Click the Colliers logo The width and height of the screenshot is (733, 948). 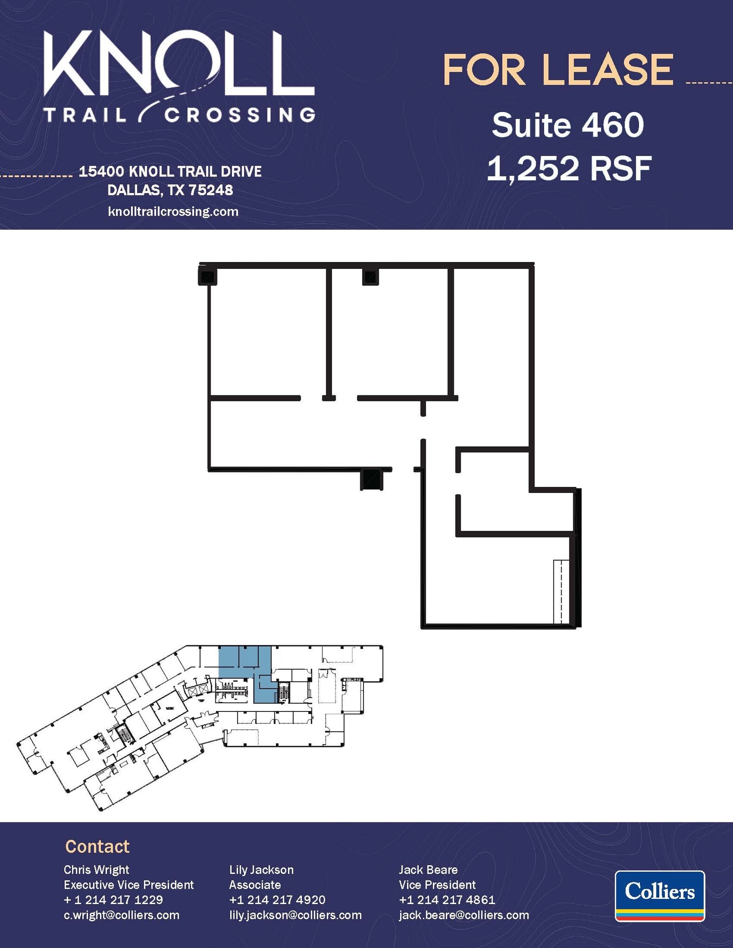(x=659, y=896)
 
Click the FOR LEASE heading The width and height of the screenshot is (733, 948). (x=558, y=70)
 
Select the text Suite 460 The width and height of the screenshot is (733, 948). (x=568, y=125)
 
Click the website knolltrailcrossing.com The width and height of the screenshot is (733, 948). (x=173, y=212)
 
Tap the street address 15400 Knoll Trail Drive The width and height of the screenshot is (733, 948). (x=170, y=172)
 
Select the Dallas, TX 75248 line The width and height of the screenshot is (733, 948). (x=170, y=190)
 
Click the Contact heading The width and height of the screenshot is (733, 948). (x=97, y=846)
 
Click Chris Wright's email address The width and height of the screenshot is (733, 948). (x=121, y=915)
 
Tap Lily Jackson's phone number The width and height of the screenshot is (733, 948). (x=277, y=900)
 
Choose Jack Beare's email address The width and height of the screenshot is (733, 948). (x=464, y=915)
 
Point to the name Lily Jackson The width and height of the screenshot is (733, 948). (x=261, y=870)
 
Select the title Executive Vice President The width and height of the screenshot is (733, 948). (x=129, y=885)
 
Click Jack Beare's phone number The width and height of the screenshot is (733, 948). (x=447, y=900)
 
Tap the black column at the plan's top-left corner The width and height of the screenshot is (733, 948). (x=207, y=276)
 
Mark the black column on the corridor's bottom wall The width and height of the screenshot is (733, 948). (x=371, y=480)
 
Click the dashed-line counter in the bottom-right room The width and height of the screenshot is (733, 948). (x=561, y=592)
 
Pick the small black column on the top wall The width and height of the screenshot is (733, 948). (x=370, y=277)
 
